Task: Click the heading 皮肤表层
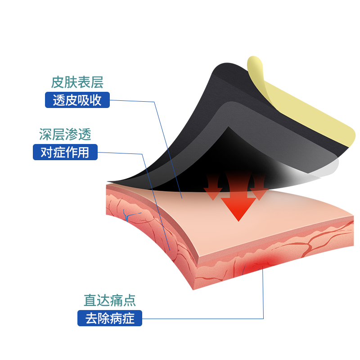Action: [x=77, y=82]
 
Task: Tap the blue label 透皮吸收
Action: [x=77, y=100]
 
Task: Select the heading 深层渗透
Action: [x=65, y=134]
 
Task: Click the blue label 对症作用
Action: [x=65, y=152]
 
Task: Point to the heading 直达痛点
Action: [x=110, y=300]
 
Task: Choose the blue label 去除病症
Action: [x=110, y=319]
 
